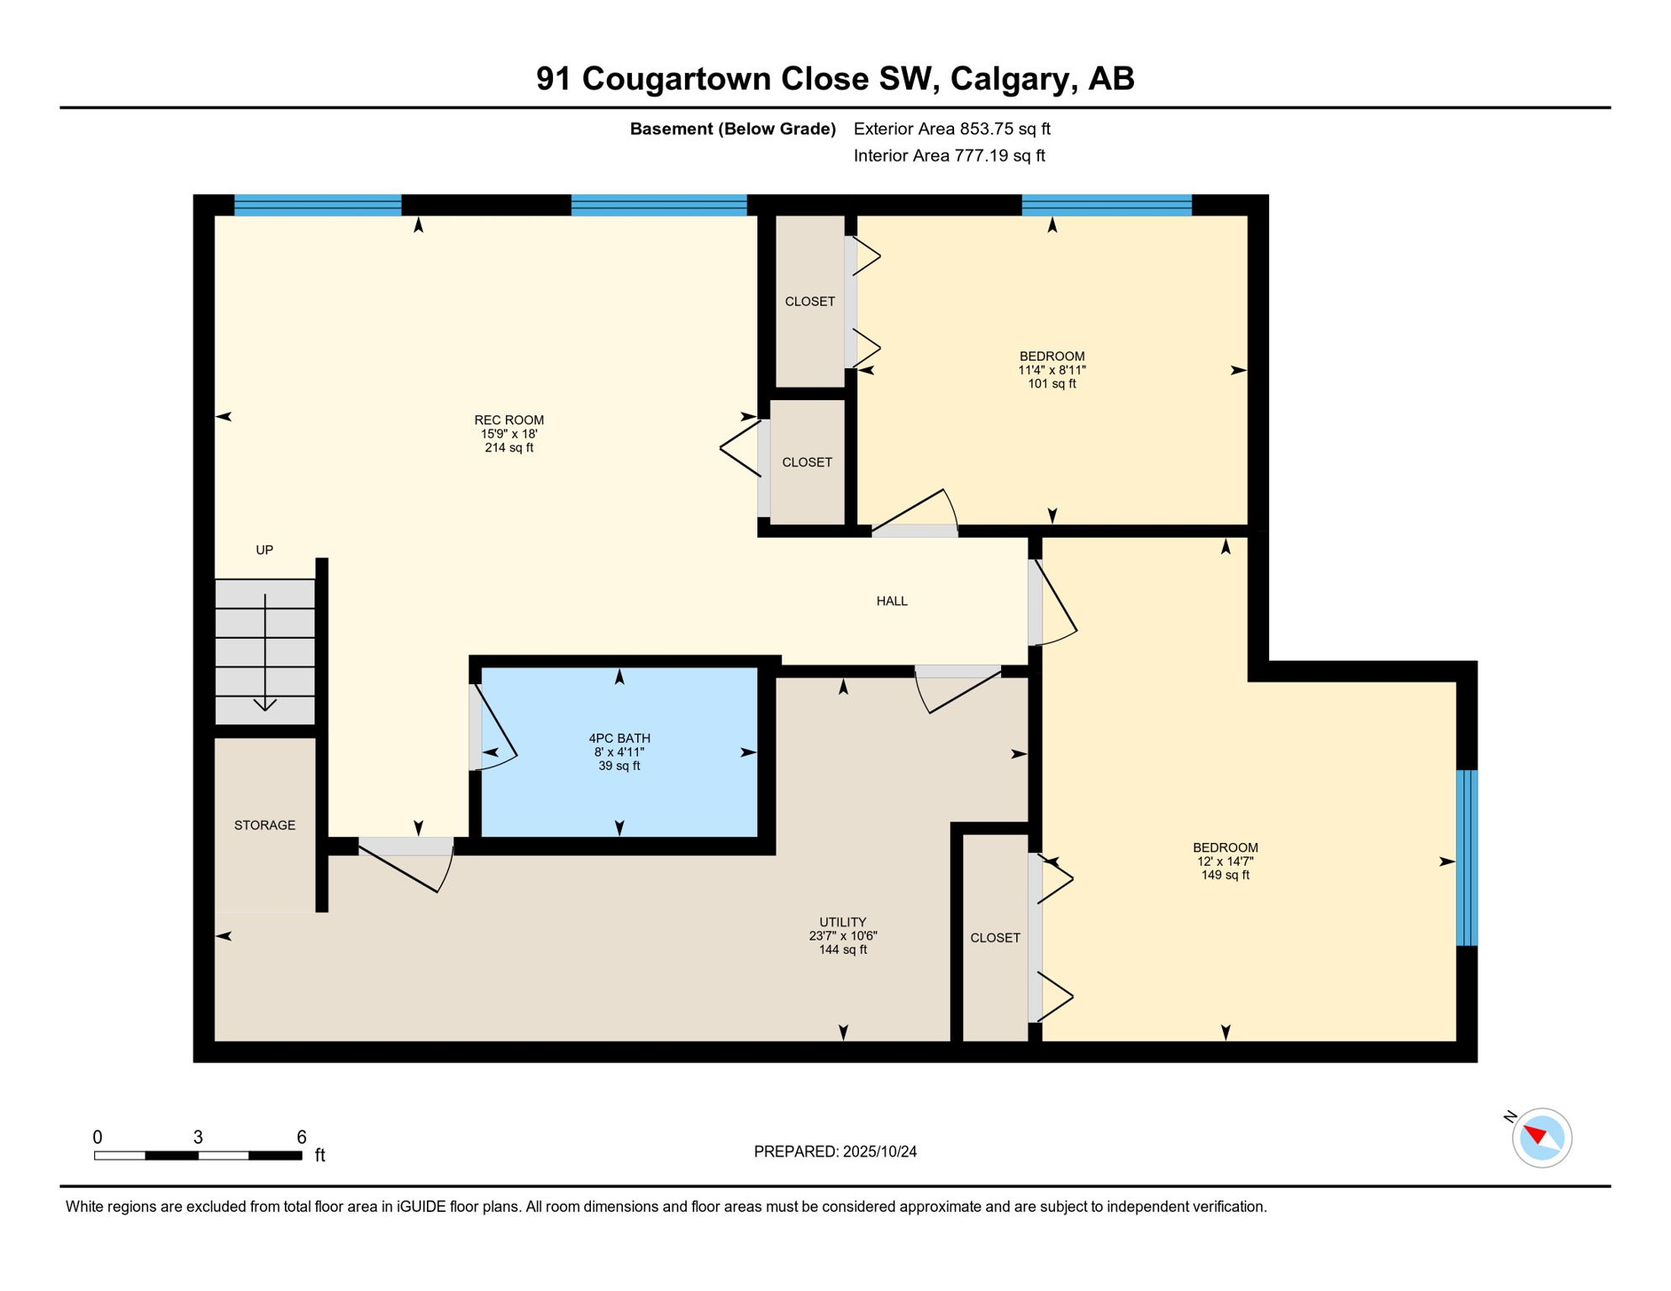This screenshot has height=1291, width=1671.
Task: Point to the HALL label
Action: pos(892,601)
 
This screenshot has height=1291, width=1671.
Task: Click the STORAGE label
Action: pos(265,825)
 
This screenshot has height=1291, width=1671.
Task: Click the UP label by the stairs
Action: pos(265,550)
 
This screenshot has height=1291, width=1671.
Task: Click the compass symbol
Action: pos(1542,1138)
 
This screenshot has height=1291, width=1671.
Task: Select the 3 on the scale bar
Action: pos(198,1137)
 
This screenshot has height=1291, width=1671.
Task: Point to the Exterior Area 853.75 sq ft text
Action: pos(952,129)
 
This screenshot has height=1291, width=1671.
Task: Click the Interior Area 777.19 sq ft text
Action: pos(950,155)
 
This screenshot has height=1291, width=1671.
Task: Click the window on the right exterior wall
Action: pos(1467,858)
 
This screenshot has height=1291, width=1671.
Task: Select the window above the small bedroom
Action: pos(1107,205)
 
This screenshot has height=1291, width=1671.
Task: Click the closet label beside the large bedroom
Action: pos(995,938)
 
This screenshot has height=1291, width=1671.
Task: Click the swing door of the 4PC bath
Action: pos(493,728)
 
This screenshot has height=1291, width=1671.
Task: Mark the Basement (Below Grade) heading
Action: pos(733,129)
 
